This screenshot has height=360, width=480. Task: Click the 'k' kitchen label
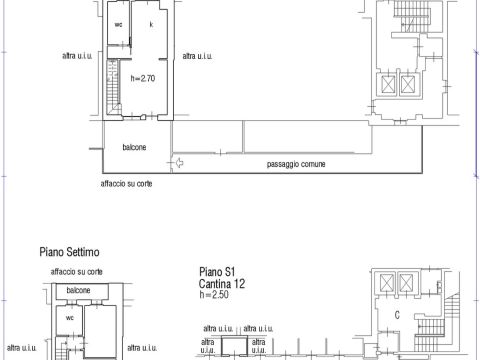[151, 24]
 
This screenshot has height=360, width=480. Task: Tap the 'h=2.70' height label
[143, 78]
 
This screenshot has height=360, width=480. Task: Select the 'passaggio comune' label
[296, 164]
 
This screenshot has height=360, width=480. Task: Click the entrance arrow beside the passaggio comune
[179, 163]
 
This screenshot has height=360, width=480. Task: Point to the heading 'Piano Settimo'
[69, 252]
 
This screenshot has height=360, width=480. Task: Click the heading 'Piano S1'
[217, 272]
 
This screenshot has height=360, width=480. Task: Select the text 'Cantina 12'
[222, 284]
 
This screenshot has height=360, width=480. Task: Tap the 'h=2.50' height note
[214, 294]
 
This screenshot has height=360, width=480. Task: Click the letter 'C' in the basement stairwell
[397, 315]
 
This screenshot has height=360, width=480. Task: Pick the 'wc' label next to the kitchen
[118, 24]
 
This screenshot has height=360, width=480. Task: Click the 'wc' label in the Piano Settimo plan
[70, 318]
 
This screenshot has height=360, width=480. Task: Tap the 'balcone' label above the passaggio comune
[134, 147]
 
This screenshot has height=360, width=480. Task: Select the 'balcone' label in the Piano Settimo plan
[78, 290]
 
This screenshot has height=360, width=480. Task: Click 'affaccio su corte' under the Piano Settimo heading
[77, 272]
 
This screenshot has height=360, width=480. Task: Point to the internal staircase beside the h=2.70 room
[113, 87]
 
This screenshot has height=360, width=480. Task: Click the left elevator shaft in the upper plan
[388, 84]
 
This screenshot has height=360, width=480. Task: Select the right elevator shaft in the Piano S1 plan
[406, 283]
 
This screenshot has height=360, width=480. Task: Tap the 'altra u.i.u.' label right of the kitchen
[197, 56]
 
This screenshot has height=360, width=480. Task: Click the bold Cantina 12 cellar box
[235, 346]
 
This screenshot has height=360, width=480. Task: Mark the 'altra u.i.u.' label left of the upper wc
[77, 56]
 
